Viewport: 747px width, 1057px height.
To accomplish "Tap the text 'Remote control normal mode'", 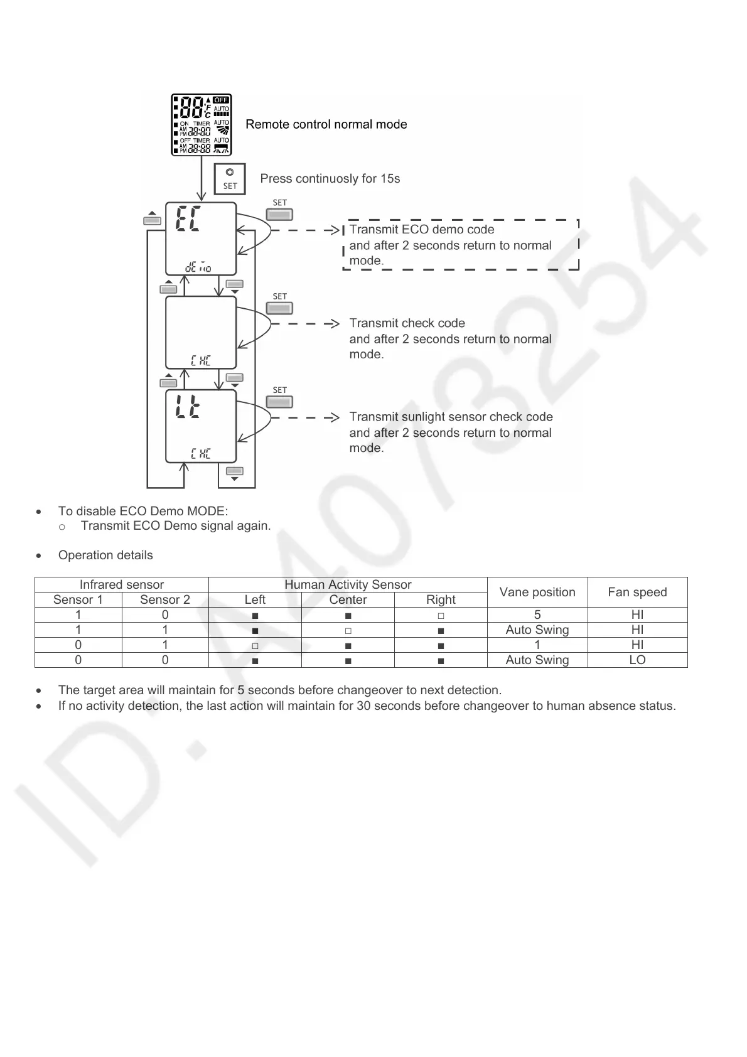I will click(326, 124).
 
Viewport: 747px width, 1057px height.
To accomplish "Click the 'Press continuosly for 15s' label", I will click(330, 179).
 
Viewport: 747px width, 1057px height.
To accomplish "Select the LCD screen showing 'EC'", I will click(201, 239).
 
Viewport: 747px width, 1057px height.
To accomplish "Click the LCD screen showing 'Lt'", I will click(201, 426).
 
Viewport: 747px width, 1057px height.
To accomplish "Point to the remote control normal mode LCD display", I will click(202, 125).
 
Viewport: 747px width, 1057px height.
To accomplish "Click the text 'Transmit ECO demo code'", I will click(422, 230).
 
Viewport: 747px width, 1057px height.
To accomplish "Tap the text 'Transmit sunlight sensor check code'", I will click(451, 417).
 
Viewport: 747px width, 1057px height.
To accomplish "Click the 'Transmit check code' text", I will click(407, 323).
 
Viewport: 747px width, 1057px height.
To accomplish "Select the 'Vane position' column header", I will click(537, 592).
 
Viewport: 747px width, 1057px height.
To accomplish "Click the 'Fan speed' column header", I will click(637, 592).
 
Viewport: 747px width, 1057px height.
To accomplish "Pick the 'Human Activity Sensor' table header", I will click(348, 584).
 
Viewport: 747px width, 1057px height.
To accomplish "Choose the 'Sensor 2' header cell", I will click(165, 599).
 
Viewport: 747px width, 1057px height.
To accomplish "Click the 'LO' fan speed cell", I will click(637, 660).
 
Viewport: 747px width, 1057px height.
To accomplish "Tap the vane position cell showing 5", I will click(537, 614).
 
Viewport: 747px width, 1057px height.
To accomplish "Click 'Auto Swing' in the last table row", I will click(537, 660).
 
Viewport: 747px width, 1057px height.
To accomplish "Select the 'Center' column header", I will click(348, 599).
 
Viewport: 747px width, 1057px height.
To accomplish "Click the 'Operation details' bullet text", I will click(105, 555).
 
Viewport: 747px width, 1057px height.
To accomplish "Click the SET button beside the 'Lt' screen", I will click(280, 402).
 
